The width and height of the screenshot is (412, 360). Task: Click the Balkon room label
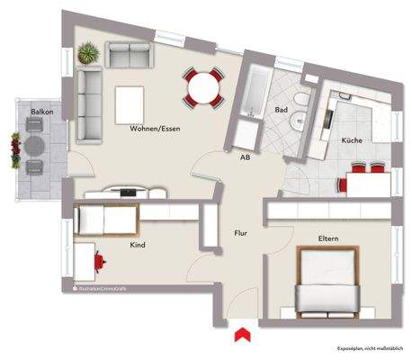pos(40,112)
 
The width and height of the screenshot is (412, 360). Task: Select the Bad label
pos(281,110)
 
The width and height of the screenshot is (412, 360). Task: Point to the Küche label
pos(351,142)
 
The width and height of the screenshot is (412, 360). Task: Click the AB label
pos(244,157)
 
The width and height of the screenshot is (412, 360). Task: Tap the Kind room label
pos(138,244)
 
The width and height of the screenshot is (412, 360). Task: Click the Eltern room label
pos(328,238)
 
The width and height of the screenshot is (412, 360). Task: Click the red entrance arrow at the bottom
pos(241,336)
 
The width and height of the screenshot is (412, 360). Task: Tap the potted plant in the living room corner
pos(87,54)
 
